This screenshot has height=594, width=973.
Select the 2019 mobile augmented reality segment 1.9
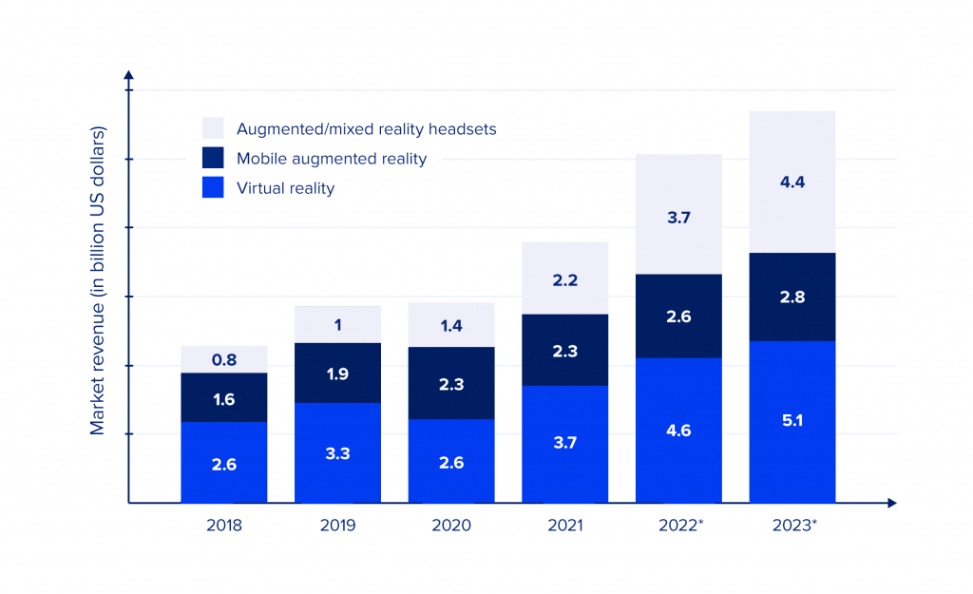coord(337,373)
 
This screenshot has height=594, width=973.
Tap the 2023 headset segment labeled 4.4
coord(792,182)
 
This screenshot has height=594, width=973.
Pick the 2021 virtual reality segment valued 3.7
coord(565,444)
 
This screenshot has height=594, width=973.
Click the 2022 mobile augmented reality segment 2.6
coord(678,316)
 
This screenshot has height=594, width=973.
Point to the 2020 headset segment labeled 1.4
coord(451,325)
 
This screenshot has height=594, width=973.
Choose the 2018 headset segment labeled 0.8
coord(223,359)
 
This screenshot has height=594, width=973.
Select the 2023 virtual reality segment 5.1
coord(792,421)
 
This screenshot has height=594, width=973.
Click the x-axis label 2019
coord(337,526)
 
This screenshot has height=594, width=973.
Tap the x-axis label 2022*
coord(680,526)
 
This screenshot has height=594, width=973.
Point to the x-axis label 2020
coord(451,526)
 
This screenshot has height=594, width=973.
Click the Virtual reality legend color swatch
coord(214,188)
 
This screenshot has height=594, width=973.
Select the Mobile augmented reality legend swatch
coord(214,159)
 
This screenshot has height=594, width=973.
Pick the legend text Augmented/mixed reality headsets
coord(366,129)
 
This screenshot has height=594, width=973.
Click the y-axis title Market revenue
coord(98,280)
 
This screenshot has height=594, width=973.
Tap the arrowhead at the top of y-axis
coord(129,74)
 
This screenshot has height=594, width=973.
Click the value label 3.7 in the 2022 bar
coord(678,218)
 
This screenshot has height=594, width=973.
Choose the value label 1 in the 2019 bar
coord(337,325)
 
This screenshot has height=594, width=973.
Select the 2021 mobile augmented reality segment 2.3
coord(565,350)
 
